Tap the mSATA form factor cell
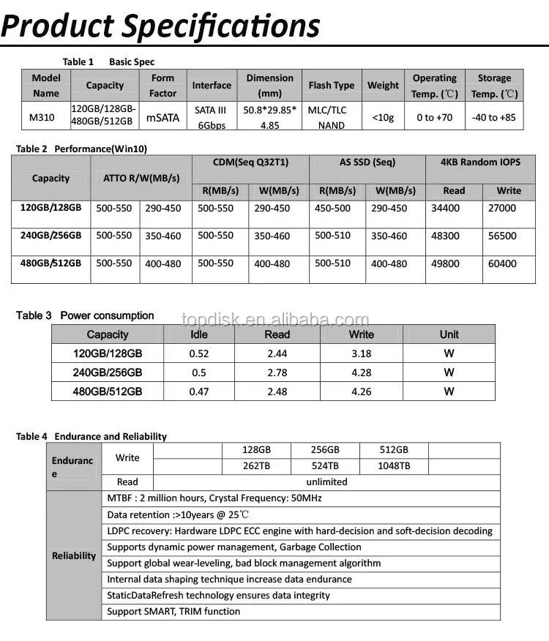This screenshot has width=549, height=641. [163, 117]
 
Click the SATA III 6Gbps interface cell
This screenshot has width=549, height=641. [211, 117]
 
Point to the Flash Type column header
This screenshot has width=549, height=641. [332, 86]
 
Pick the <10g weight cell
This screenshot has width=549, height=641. [383, 117]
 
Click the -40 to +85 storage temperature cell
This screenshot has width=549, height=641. [494, 117]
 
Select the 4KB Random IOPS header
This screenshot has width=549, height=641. [480, 162]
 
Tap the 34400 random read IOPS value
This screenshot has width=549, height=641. [446, 209]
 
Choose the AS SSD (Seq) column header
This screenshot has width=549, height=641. [367, 162]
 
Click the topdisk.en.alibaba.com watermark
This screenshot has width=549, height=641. [275, 320]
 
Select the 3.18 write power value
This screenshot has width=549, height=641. [361, 353]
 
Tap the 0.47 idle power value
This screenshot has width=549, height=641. [198, 391]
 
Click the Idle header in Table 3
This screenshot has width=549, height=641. [198, 334]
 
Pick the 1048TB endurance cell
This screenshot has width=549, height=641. [394, 466]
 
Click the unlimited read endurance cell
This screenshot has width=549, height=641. [326, 482]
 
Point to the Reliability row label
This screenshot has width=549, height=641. [74, 556]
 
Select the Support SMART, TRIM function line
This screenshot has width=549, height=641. [173, 612]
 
